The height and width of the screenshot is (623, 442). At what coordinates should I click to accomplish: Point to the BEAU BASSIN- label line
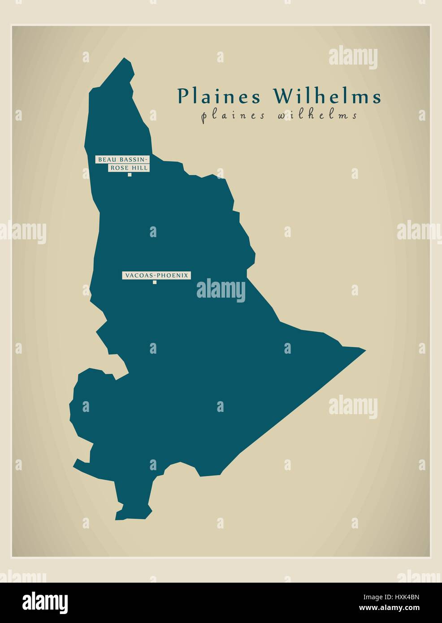pos(121,159)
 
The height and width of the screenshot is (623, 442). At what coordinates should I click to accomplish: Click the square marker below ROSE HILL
pos(130,175)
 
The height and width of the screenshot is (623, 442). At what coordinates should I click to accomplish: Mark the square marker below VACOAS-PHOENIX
pos(155,282)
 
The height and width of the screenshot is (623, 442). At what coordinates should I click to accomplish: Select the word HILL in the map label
pos(141,168)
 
